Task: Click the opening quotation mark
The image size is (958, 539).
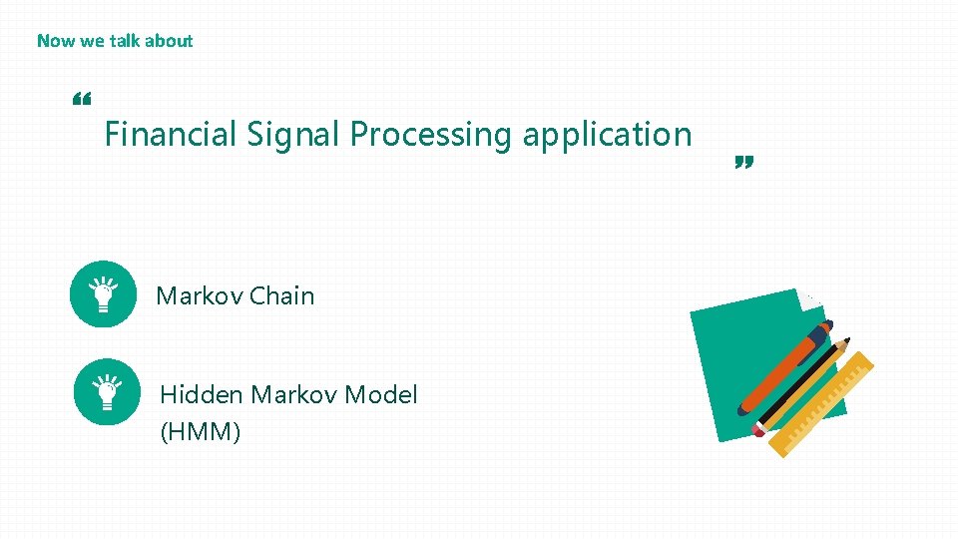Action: coord(82,100)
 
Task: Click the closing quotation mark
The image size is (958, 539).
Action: coord(742,162)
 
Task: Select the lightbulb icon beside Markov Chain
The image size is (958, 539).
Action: coord(103,293)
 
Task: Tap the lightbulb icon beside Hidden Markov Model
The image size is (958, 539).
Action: coord(107,391)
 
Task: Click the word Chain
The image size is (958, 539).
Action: coord(281,295)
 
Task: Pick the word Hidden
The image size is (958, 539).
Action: coord(201,394)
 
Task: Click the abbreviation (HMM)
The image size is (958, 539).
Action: coord(200,431)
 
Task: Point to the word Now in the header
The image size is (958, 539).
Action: coord(54,41)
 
